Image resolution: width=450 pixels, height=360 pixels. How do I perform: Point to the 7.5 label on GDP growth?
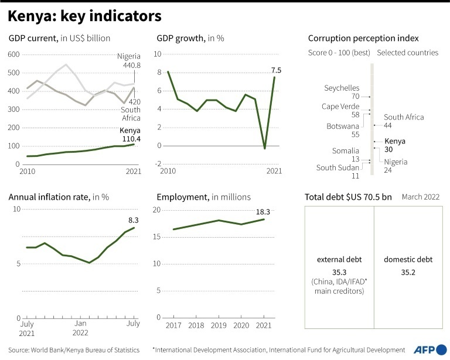point(276,71)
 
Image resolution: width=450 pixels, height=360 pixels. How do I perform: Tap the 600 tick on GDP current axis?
point(13,54)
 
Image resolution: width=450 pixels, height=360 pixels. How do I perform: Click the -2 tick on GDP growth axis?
point(158,164)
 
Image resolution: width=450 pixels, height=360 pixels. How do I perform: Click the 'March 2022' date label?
point(420,197)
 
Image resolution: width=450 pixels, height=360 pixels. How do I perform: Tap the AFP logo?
point(428,349)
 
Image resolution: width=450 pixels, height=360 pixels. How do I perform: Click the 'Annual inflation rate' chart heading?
point(59,197)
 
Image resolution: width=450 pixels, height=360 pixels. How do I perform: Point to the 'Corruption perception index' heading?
point(363,39)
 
